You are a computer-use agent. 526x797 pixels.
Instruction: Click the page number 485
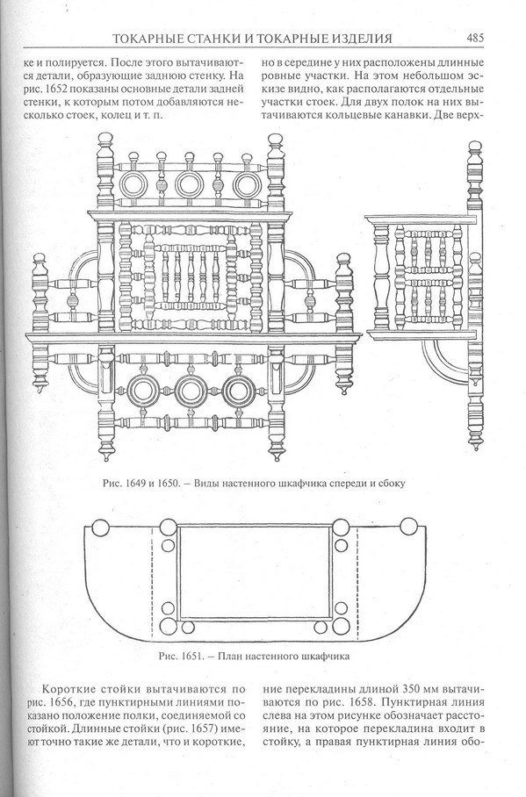coord(474,38)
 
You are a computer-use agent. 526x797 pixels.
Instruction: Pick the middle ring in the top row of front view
coord(190,185)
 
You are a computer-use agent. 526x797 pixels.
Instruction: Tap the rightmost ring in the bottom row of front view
coord(239,391)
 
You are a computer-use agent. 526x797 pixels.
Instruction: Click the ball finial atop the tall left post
coord(104,139)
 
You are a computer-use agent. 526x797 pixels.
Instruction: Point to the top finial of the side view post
coord(474,146)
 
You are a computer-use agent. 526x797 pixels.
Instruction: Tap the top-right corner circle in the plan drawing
coord(408,526)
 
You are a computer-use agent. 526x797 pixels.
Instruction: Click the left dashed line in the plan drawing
coord(153,581)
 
